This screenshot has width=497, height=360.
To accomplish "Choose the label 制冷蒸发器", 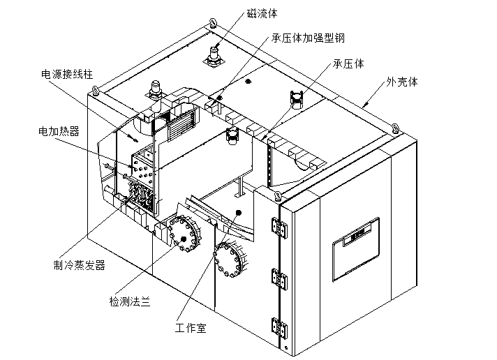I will click(79, 264).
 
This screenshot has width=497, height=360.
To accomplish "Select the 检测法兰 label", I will click(130, 301).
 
